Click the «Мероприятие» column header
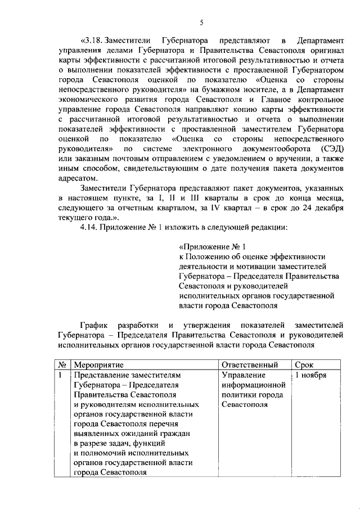click(x=99, y=366)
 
